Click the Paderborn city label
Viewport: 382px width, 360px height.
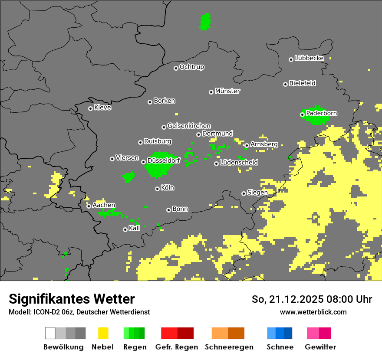321,113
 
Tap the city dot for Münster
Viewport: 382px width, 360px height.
211,92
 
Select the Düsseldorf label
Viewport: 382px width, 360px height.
164,160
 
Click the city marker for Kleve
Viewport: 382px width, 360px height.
90,108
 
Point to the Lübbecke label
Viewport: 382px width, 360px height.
309,58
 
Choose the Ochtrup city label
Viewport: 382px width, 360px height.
191,67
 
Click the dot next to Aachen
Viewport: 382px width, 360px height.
89,206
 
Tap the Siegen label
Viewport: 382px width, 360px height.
257,192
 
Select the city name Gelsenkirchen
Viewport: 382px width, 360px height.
189,126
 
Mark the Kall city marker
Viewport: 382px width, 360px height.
125,229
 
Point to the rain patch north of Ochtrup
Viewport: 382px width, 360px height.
205,22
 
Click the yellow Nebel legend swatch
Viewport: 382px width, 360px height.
103,333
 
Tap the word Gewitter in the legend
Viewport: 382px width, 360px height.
320,347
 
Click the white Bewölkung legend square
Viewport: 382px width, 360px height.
50,333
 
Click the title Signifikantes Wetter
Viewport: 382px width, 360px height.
72,299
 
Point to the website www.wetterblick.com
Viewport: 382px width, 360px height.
313,312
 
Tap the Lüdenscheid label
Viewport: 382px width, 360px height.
239,162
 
